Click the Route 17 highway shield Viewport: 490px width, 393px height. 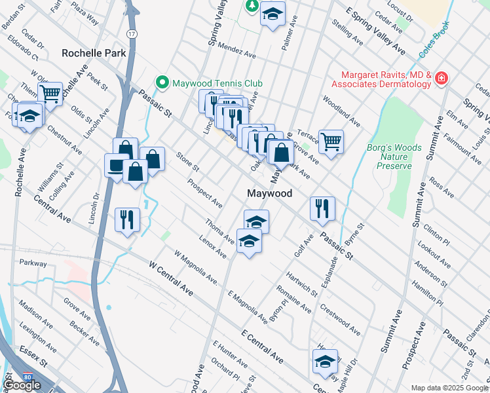click(x=132, y=33)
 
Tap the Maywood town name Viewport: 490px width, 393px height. click(x=269, y=194)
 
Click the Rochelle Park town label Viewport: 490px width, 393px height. click(x=94, y=52)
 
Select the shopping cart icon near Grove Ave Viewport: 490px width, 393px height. click(x=331, y=140)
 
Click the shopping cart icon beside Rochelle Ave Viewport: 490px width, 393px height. click(x=50, y=92)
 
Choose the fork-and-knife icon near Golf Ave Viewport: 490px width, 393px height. click(x=322, y=208)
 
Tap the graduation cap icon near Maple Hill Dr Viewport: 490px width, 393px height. click(x=325, y=361)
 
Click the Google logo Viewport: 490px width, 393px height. click(x=22, y=385)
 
